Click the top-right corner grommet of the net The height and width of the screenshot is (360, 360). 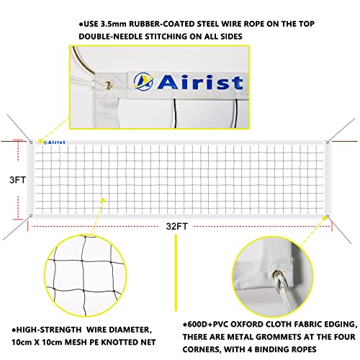point(328,141)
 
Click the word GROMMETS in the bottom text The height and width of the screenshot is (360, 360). point(275,328)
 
